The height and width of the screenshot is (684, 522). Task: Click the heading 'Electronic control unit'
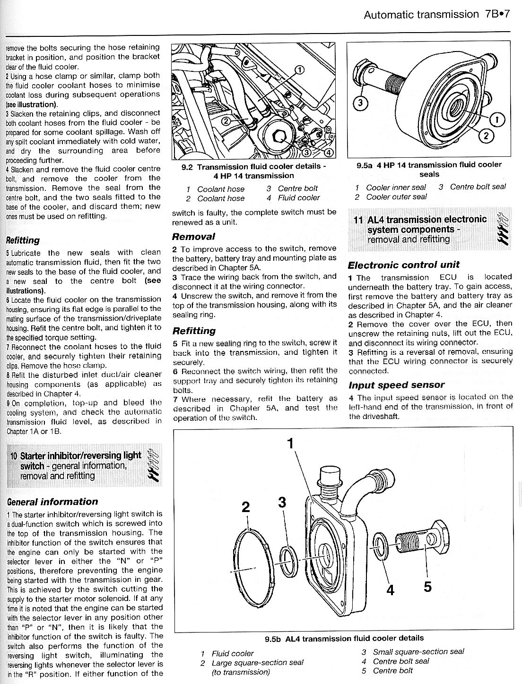pyautogui.click(x=403, y=265)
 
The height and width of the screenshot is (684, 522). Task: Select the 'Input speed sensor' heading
pyautogui.click(x=396, y=385)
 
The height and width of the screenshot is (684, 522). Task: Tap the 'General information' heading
pyautogui.click(x=52, y=502)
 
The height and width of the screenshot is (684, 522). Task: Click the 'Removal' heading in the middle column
pyautogui.click(x=193, y=236)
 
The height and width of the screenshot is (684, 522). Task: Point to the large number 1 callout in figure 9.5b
pyautogui.click(x=291, y=443)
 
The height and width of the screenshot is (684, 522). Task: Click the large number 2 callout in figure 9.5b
pyautogui.click(x=245, y=507)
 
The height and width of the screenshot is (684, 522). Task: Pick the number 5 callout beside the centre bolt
pyautogui.click(x=427, y=587)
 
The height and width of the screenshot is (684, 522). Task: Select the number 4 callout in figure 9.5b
pyautogui.click(x=390, y=590)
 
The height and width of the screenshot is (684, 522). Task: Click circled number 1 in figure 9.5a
pyautogui.click(x=496, y=121)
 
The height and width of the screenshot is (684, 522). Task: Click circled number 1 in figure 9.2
pyautogui.click(x=299, y=70)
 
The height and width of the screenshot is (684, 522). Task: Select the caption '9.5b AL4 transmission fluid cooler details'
pyautogui.click(x=344, y=638)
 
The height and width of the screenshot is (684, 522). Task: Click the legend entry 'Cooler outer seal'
pyautogui.click(x=396, y=197)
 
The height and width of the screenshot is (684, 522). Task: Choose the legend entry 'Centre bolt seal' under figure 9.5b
pyautogui.click(x=401, y=661)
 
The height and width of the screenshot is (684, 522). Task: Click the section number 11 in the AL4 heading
pyautogui.click(x=359, y=220)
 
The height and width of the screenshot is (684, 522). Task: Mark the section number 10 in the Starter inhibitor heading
pyautogui.click(x=14, y=456)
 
